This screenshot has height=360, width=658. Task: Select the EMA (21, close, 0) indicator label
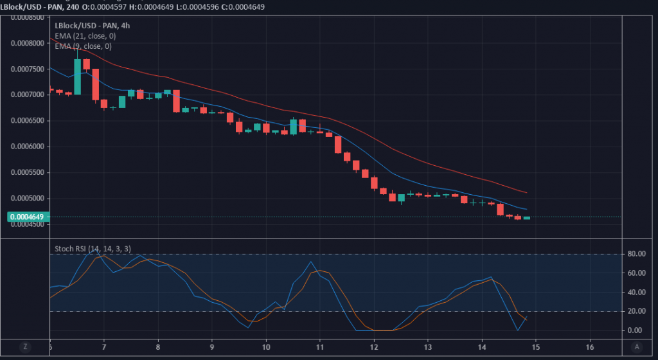point(85,36)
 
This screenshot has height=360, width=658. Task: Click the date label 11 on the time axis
point(320,347)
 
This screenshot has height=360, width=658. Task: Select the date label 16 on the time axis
point(589,347)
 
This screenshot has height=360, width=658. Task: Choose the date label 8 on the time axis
point(158,347)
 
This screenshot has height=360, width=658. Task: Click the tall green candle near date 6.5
point(77,76)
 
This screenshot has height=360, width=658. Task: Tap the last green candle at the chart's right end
point(527,218)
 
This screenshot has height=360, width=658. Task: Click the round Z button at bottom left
point(25,346)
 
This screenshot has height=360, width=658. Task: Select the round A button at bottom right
point(636,346)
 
